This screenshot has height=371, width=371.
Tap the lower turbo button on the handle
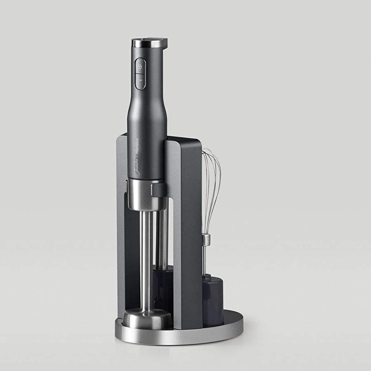[x=140, y=81]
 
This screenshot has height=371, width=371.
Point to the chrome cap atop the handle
[x=146, y=43]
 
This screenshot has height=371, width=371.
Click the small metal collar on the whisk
[x=206, y=239]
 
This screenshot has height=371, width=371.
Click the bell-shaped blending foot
[x=147, y=318]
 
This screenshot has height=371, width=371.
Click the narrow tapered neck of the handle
[x=146, y=107]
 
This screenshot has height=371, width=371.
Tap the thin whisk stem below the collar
[x=204, y=260]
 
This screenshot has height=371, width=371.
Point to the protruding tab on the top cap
[x=163, y=42]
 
